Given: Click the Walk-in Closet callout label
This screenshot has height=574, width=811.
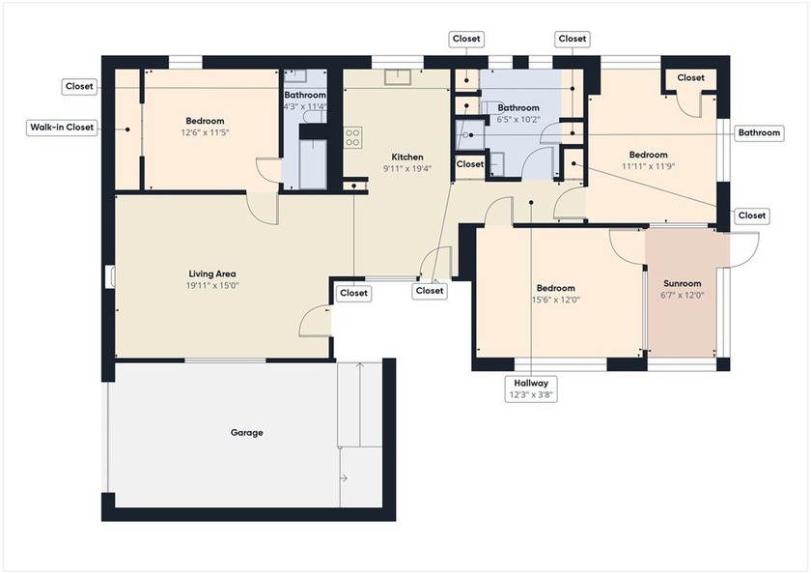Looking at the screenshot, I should click(x=61, y=128).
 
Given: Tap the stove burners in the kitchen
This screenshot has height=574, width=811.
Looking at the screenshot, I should click(x=352, y=137).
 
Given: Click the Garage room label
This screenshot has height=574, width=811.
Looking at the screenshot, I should click(x=246, y=433).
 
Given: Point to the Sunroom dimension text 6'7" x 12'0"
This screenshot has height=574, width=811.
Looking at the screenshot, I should click(x=682, y=296).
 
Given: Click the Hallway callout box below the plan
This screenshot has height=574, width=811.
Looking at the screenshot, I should click(x=531, y=389).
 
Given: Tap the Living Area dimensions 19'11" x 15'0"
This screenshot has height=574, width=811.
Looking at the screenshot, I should click(x=212, y=286).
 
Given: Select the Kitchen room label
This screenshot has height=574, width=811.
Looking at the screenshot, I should click(x=406, y=157).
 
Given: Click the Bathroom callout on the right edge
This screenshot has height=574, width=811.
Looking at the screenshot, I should click(x=759, y=133).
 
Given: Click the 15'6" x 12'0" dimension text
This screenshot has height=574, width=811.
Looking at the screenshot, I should click(x=555, y=300).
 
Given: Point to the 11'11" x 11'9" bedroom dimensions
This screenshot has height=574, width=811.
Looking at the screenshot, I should click(x=648, y=166).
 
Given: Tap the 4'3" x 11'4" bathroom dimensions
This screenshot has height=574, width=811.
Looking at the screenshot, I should click(x=305, y=107).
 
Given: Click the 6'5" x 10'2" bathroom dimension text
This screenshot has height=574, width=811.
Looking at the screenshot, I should click(x=518, y=120).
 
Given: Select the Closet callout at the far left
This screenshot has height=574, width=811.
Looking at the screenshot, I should click(x=79, y=86).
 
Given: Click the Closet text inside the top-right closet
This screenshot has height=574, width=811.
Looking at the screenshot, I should click(x=690, y=77).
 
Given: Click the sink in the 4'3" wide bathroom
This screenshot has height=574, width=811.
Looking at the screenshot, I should click(x=296, y=76).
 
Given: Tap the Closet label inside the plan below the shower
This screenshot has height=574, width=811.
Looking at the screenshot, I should click(x=470, y=164).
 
